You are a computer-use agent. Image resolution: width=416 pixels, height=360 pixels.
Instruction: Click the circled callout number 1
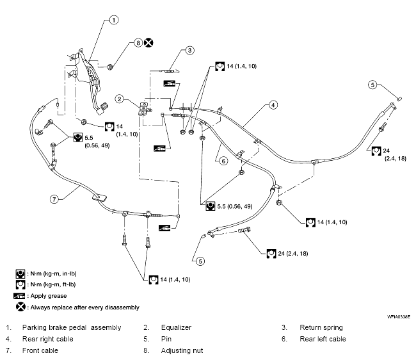tap(113, 20)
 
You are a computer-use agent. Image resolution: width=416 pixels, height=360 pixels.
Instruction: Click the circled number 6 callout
tap(224, 161)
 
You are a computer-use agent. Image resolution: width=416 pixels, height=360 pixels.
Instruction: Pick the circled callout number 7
tap(56, 199)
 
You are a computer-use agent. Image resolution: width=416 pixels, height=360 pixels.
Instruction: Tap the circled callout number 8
tap(138, 43)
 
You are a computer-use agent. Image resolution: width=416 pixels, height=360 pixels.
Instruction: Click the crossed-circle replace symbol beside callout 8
tap(148, 43)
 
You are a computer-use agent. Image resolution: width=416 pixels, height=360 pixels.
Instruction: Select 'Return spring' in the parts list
tap(321, 327)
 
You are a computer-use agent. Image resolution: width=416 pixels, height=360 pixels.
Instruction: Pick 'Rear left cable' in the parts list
tap(324, 338)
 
